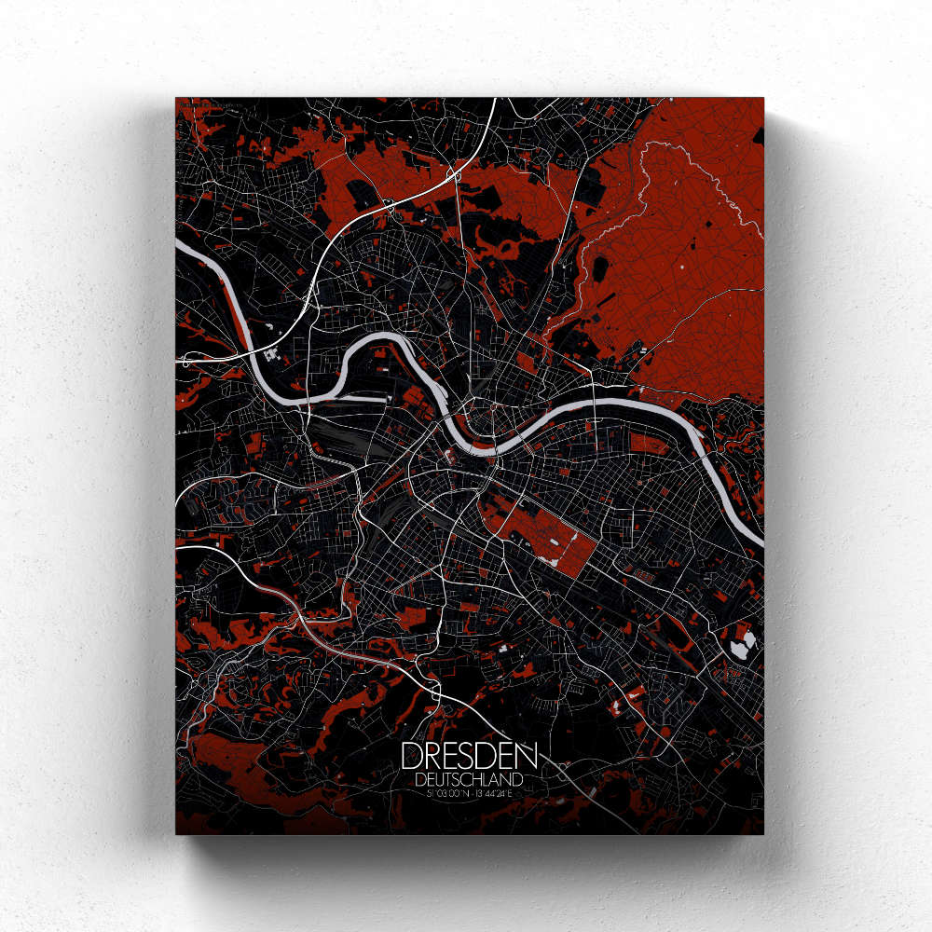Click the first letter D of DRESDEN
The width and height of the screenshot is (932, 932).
tap(411, 756)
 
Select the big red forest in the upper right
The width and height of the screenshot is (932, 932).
tap(680, 252)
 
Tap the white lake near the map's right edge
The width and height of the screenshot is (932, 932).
tap(746, 642)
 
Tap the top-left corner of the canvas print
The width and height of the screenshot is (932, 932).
tap(175, 97)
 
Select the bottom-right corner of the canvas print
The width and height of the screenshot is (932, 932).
tap(764, 834)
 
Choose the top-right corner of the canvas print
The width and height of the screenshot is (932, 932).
tap(764, 97)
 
